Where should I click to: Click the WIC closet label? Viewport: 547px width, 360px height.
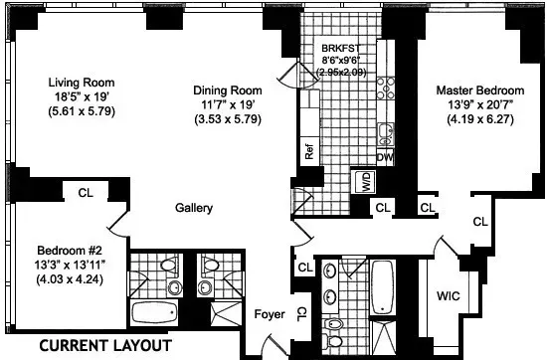[449, 296]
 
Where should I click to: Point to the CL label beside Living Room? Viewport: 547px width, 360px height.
[85, 192]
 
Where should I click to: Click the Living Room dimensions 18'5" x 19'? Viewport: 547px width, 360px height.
[84, 97]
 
